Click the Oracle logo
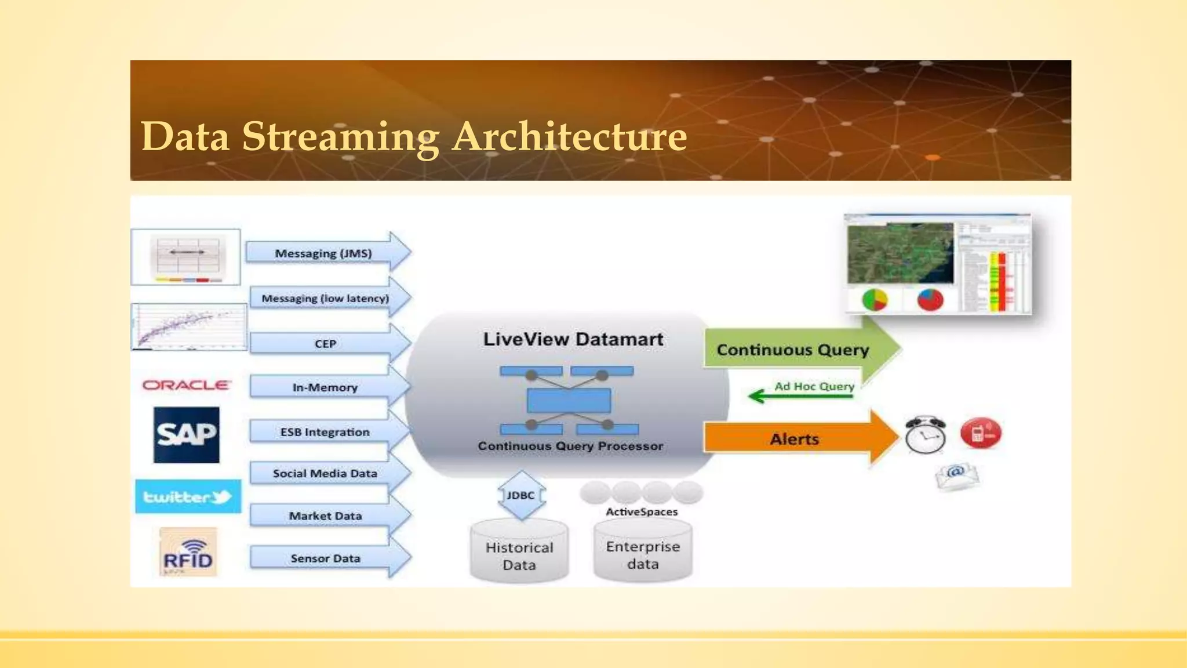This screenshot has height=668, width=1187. coord(186,385)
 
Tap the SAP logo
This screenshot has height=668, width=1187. coord(186,434)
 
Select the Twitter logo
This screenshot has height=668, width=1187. coord(188,496)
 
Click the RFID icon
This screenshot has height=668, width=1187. coord(188,553)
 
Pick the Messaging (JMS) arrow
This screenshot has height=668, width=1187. coord(323,253)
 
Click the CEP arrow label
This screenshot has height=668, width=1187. coord(325,344)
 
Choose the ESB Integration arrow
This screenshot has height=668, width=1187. coord(325,432)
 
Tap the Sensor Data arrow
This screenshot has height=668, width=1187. coord(325,558)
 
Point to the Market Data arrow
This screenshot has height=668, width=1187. coord(325,515)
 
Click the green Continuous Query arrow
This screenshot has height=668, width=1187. coord(793,350)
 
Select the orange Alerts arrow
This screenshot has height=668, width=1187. coord(794,439)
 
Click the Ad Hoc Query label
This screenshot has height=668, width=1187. coord(814,386)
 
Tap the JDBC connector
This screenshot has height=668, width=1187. coord(520,495)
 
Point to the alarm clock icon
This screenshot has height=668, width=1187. coord(925,435)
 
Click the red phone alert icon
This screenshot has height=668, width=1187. coord(980,433)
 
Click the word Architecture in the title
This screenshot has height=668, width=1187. coord(570,137)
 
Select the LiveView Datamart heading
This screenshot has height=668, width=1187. coord(573,339)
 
